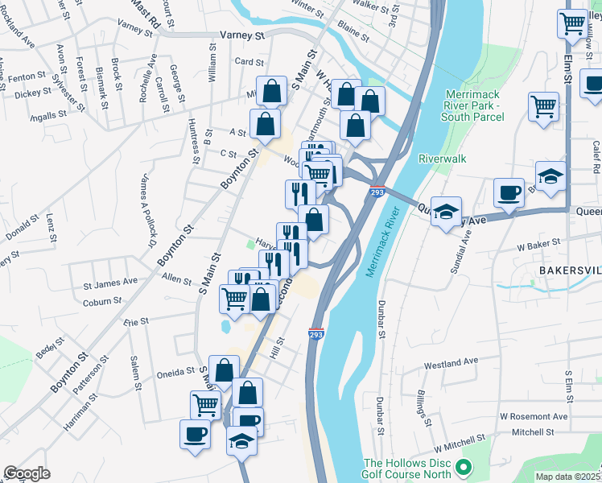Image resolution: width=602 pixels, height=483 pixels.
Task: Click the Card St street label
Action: tap(249, 62)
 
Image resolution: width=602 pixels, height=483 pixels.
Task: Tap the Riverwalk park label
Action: tap(442, 159)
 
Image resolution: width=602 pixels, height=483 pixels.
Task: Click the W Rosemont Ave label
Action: tap(533, 417)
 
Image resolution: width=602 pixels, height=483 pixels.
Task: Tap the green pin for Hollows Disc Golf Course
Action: tap(463, 467)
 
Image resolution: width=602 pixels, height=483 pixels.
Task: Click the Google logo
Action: tap(27, 473)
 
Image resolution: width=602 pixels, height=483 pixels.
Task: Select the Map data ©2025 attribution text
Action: tap(567, 477)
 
